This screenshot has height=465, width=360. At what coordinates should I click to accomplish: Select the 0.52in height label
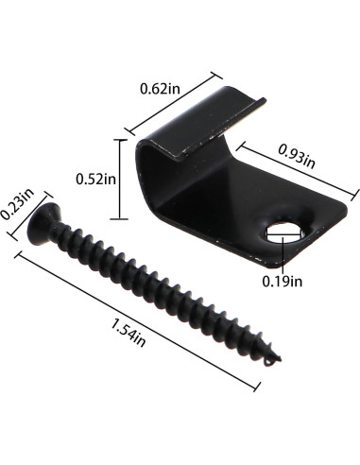95,177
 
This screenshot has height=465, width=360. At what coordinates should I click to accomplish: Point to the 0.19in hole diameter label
283,279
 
